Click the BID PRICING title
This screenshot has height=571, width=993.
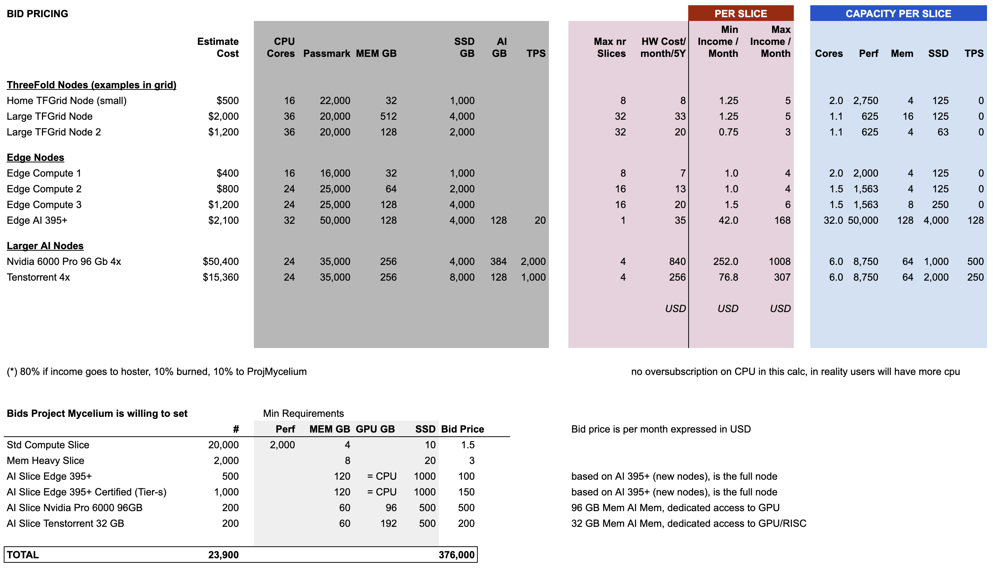(37, 14)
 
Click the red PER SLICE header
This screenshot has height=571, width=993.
(740, 14)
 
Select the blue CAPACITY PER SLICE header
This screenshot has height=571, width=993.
(898, 14)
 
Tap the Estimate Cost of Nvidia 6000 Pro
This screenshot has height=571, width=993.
(221, 262)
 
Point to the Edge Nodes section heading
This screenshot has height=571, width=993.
(35, 158)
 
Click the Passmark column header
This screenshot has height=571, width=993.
(327, 54)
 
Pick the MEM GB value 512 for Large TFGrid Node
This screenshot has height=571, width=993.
(388, 116)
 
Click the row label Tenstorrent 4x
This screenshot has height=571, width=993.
(38, 277)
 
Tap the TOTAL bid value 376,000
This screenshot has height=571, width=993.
(456, 555)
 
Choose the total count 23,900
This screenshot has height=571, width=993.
(223, 555)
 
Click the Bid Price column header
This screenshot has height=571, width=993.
(462, 429)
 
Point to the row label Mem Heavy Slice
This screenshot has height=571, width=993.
(46, 460)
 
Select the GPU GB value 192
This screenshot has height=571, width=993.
(388, 523)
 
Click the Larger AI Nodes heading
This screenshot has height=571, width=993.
(45, 246)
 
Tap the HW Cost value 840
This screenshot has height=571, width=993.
(677, 262)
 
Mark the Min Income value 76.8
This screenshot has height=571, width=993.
(728, 277)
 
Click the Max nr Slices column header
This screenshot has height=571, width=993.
(610, 48)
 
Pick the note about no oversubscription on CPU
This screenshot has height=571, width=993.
(795, 372)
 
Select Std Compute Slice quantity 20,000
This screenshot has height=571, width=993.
(223, 445)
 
